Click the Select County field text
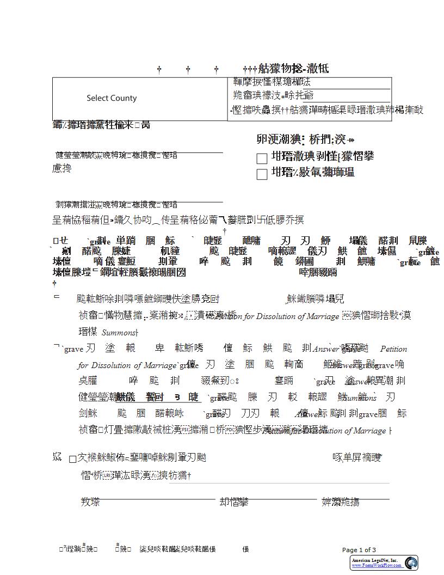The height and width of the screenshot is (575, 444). tap(112, 98)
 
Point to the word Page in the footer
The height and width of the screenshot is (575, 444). tap(350, 550)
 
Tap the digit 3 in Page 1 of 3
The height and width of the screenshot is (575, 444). tap(374, 550)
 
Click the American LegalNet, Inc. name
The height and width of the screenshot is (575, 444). tap(374, 560)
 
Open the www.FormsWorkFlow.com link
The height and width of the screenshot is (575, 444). tap(376, 566)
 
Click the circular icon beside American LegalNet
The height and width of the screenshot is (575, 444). tap(411, 562)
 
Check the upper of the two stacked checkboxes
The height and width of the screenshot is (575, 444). tap(262, 158)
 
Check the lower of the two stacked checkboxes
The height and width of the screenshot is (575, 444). tap(262, 174)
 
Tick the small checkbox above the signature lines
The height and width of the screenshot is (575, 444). tap(72, 459)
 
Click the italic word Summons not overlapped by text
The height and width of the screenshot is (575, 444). tap(118, 333)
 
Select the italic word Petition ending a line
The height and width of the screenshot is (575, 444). tap(393, 349)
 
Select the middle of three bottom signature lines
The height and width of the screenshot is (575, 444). tap(283, 498)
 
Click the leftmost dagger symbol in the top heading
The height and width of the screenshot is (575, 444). tap(159, 70)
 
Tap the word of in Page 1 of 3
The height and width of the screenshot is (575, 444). tap(366, 550)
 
